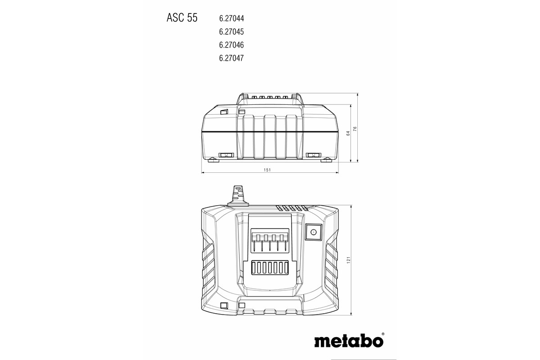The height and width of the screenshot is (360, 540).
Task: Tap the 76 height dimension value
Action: (x=355, y=129)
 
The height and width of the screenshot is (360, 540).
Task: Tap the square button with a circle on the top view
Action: (x=313, y=232)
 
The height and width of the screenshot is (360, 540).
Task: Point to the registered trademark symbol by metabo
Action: (x=383, y=334)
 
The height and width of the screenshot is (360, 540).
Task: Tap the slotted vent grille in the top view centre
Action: (x=269, y=268)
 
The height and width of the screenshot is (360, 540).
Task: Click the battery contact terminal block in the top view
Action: (x=269, y=242)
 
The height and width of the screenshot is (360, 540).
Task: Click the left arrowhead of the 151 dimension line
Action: (x=203, y=172)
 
